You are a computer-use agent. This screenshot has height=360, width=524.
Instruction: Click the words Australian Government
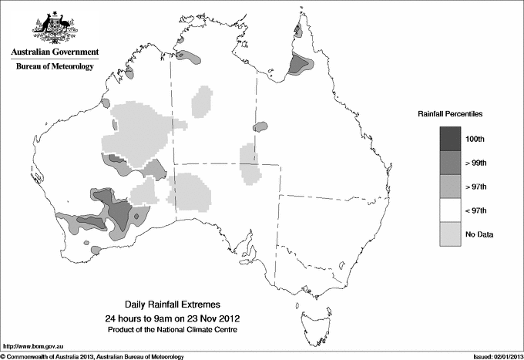coord(55,52)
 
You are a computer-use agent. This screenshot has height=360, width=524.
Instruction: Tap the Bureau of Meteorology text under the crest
coord(55,67)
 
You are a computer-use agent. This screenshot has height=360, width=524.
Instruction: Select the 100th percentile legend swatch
coord(451,139)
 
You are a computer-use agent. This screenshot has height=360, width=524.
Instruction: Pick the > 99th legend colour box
coord(451,163)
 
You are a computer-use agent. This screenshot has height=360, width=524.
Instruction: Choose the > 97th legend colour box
coord(451,187)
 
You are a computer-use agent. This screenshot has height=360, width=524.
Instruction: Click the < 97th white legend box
coord(451,210)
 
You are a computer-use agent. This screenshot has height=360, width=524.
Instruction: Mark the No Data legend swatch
coord(451,234)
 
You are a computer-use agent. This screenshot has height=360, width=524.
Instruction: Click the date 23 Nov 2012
coord(206,318)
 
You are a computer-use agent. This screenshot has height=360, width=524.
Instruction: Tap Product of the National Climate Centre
coord(171,330)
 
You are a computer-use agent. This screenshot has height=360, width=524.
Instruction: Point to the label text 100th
coord(475,139)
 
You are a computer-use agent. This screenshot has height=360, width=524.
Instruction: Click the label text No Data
coord(479,234)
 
